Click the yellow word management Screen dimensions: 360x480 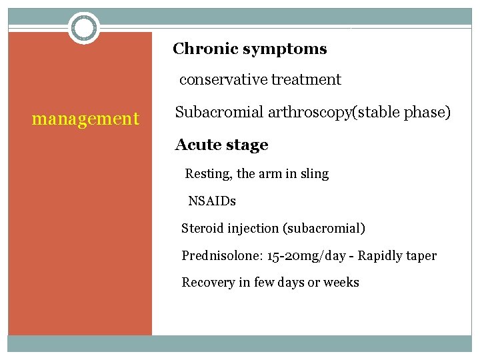click(86, 119)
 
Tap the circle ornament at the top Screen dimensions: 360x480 click(85, 28)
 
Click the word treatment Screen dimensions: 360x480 click(306, 80)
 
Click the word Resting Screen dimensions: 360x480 click(209, 174)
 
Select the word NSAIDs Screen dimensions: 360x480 click(212, 201)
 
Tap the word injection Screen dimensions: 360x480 click(257, 228)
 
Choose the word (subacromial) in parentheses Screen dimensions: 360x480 click(325, 229)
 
